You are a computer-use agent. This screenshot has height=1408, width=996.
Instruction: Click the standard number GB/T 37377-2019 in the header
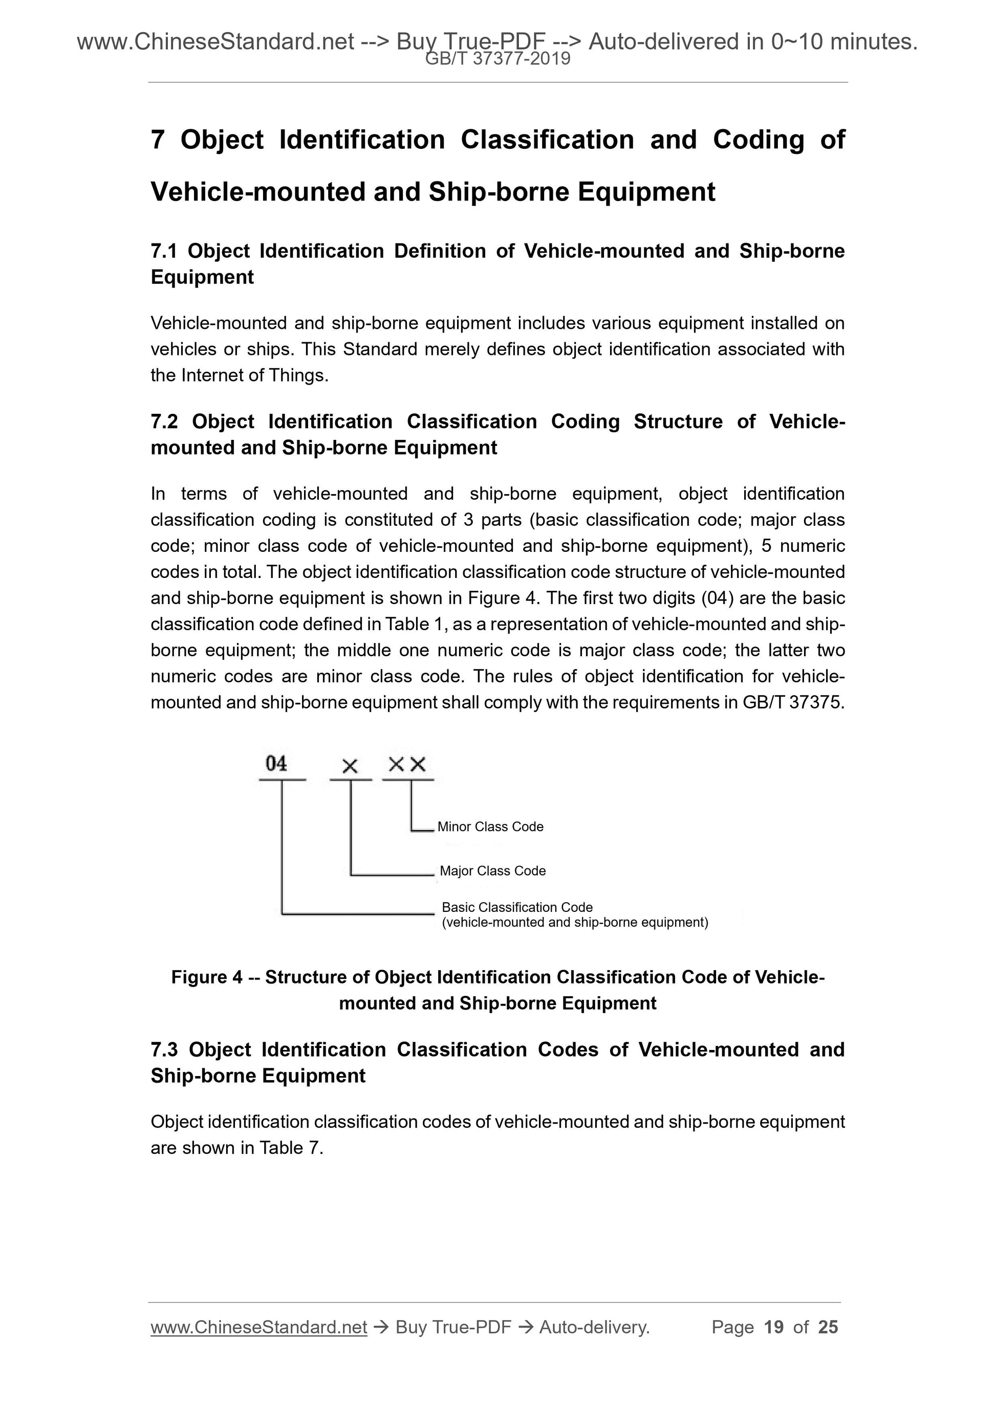click(497, 59)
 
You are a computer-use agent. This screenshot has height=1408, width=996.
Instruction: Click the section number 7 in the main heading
click(158, 140)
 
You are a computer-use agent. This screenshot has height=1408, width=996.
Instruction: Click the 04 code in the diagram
click(276, 764)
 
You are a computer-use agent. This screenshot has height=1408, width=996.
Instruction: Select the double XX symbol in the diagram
click(407, 764)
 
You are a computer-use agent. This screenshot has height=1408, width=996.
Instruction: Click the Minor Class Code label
click(490, 826)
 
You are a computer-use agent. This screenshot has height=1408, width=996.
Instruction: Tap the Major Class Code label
click(493, 871)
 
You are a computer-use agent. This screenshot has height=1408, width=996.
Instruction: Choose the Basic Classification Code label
click(517, 907)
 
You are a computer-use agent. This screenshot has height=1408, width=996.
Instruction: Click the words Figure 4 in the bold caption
click(207, 977)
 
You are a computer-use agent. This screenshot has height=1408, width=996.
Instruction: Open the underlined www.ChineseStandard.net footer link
click(258, 1327)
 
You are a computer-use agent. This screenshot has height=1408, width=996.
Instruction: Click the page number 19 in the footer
click(774, 1327)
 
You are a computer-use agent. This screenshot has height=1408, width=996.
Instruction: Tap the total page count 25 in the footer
click(828, 1327)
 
